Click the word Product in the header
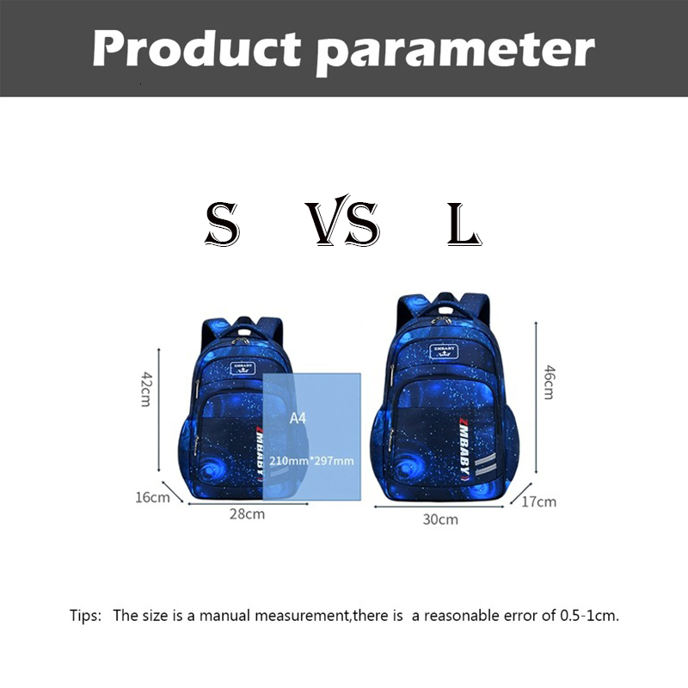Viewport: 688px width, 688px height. click(195, 49)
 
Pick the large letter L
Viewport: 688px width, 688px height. click(464, 224)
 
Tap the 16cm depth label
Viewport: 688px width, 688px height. click(152, 497)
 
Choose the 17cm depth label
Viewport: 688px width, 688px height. click(539, 501)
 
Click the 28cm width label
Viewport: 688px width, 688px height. click(247, 514)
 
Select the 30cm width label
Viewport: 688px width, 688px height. click(440, 519)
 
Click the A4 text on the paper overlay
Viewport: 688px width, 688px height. click(298, 418)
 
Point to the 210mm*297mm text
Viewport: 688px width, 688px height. click(311, 461)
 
